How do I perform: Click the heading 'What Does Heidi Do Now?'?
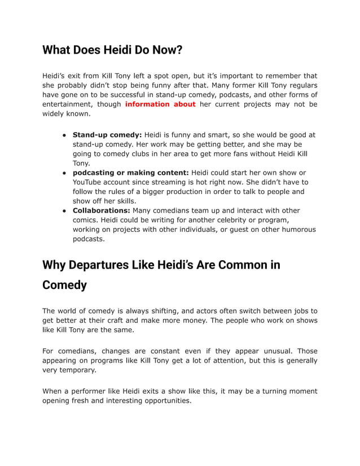[112, 50]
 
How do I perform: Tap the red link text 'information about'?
[160, 104]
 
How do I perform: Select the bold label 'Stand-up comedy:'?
[107, 135]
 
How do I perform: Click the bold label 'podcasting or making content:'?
[131, 173]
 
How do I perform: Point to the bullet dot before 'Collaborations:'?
[65, 210]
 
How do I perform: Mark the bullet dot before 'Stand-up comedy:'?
[65, 135]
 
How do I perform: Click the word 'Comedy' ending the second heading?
[64, 285]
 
